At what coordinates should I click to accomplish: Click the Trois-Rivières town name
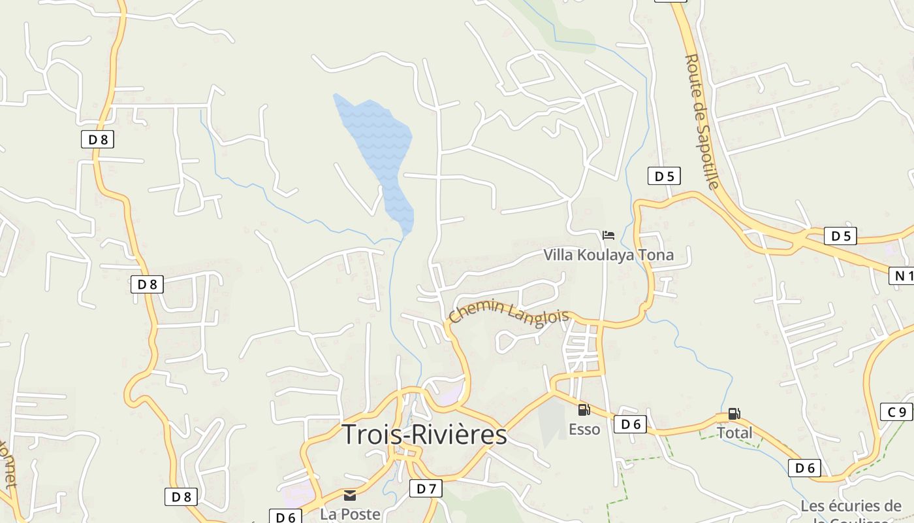point(424,435)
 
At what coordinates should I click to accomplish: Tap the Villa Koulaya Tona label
point(608,255)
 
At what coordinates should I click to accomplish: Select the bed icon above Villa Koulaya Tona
point(608,235)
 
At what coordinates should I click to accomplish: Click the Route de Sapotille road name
point(701,122)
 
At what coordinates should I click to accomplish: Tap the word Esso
point(584,430)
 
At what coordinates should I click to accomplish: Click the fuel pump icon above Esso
point(584,410)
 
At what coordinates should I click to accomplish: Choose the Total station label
point(734,433)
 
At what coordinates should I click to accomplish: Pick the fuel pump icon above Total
point(734,413)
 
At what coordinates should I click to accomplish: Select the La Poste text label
point(350,515)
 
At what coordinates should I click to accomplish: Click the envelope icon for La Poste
point(350,496)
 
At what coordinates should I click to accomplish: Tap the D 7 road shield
point(426,488)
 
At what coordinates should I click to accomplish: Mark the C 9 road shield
point(896,412)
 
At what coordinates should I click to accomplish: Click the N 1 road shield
point(903,276)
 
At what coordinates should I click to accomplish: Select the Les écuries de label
point(851,506)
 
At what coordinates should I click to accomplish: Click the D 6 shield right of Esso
point(630,424)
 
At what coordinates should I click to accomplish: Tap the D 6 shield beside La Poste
point(285,517)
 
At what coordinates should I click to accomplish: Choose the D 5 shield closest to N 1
point(840,236)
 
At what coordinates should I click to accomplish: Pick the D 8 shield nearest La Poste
point(180,497)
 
